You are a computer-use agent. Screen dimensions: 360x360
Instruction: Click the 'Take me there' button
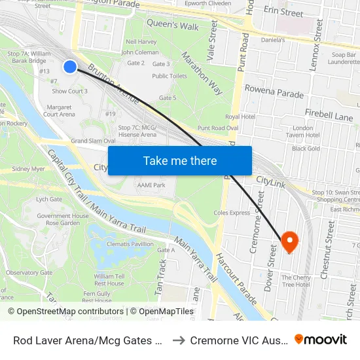click(x=180, y=161)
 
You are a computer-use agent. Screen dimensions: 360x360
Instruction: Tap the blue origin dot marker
click(x=70, y=66)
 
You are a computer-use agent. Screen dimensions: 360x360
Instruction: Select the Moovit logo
click(x=321, y=340)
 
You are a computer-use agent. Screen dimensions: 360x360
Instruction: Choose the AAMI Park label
click(x=150, y=186)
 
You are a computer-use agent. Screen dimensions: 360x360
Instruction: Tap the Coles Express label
click(x=232, y=213)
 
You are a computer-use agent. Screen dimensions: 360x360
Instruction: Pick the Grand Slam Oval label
click(x=93, y=141)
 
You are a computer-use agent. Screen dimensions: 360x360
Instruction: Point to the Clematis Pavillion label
click(x=130, y=244)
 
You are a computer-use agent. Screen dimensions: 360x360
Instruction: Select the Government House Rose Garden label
click(x=62, y=219)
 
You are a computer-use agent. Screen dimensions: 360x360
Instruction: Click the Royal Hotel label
click(x=240, y=117)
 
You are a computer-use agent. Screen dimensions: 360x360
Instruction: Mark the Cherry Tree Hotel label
click(x=296, y=280)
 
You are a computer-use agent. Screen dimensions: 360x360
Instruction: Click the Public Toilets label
click(x=170, y=76)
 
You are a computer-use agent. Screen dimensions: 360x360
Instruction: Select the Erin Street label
click(x=283, y=12)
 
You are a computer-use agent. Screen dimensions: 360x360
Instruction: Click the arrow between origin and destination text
click(x=177, y=340)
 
